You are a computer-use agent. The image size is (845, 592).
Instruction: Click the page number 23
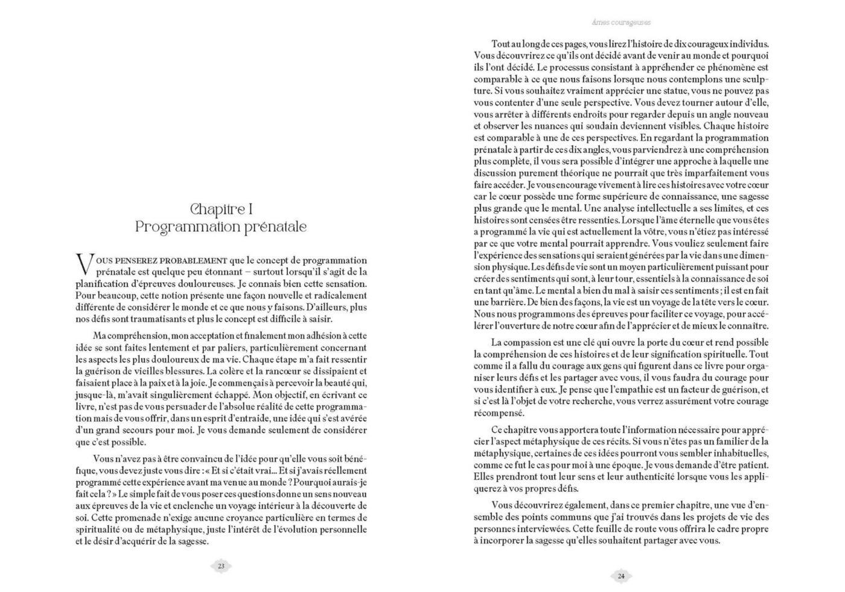click(221, 566)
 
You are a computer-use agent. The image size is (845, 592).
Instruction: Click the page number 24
click(621, 576)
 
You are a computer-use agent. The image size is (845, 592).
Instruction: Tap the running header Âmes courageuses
click(621, 22)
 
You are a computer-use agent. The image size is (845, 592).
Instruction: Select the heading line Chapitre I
click(221, 209)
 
